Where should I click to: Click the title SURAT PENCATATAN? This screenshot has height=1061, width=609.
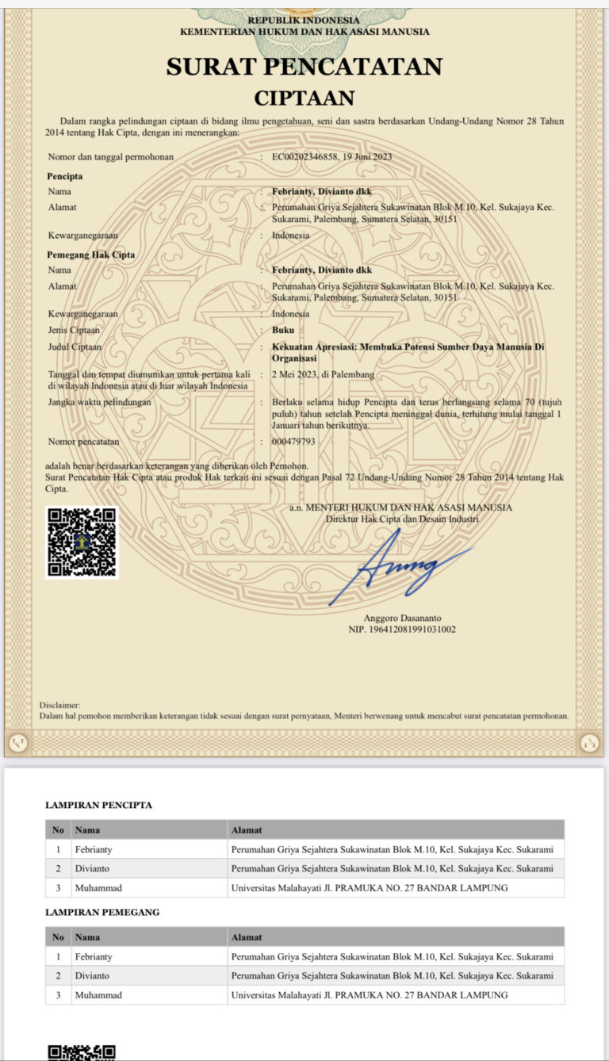pos(304,67)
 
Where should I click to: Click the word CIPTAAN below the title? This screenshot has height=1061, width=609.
pos(304,98)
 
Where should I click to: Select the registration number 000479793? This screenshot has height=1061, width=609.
pos(293,441)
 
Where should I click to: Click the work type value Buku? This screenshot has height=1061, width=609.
pos(282,330)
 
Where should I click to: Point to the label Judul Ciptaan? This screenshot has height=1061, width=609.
pos(75,347)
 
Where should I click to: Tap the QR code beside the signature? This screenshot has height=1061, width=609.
pos(82,542)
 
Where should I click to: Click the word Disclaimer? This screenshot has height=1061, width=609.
pos(59,704)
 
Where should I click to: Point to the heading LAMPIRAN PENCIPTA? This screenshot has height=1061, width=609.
pos(98,805)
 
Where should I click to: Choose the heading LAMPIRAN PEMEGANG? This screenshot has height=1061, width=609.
pos(102,912)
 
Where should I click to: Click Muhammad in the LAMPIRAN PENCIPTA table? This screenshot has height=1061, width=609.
pos(98,887)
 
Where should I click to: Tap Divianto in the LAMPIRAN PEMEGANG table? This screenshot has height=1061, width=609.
pos(92,975)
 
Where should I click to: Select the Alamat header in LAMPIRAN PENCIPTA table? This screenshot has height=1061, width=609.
pos(246,829)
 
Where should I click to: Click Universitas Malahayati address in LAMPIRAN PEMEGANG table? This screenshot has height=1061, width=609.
pos(369,994)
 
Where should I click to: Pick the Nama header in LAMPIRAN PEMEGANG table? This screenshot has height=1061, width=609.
pos(87,937)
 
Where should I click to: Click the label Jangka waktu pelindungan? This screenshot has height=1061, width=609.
pos(99,402)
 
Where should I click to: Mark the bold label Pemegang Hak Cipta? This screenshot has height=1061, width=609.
pos(90,255)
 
